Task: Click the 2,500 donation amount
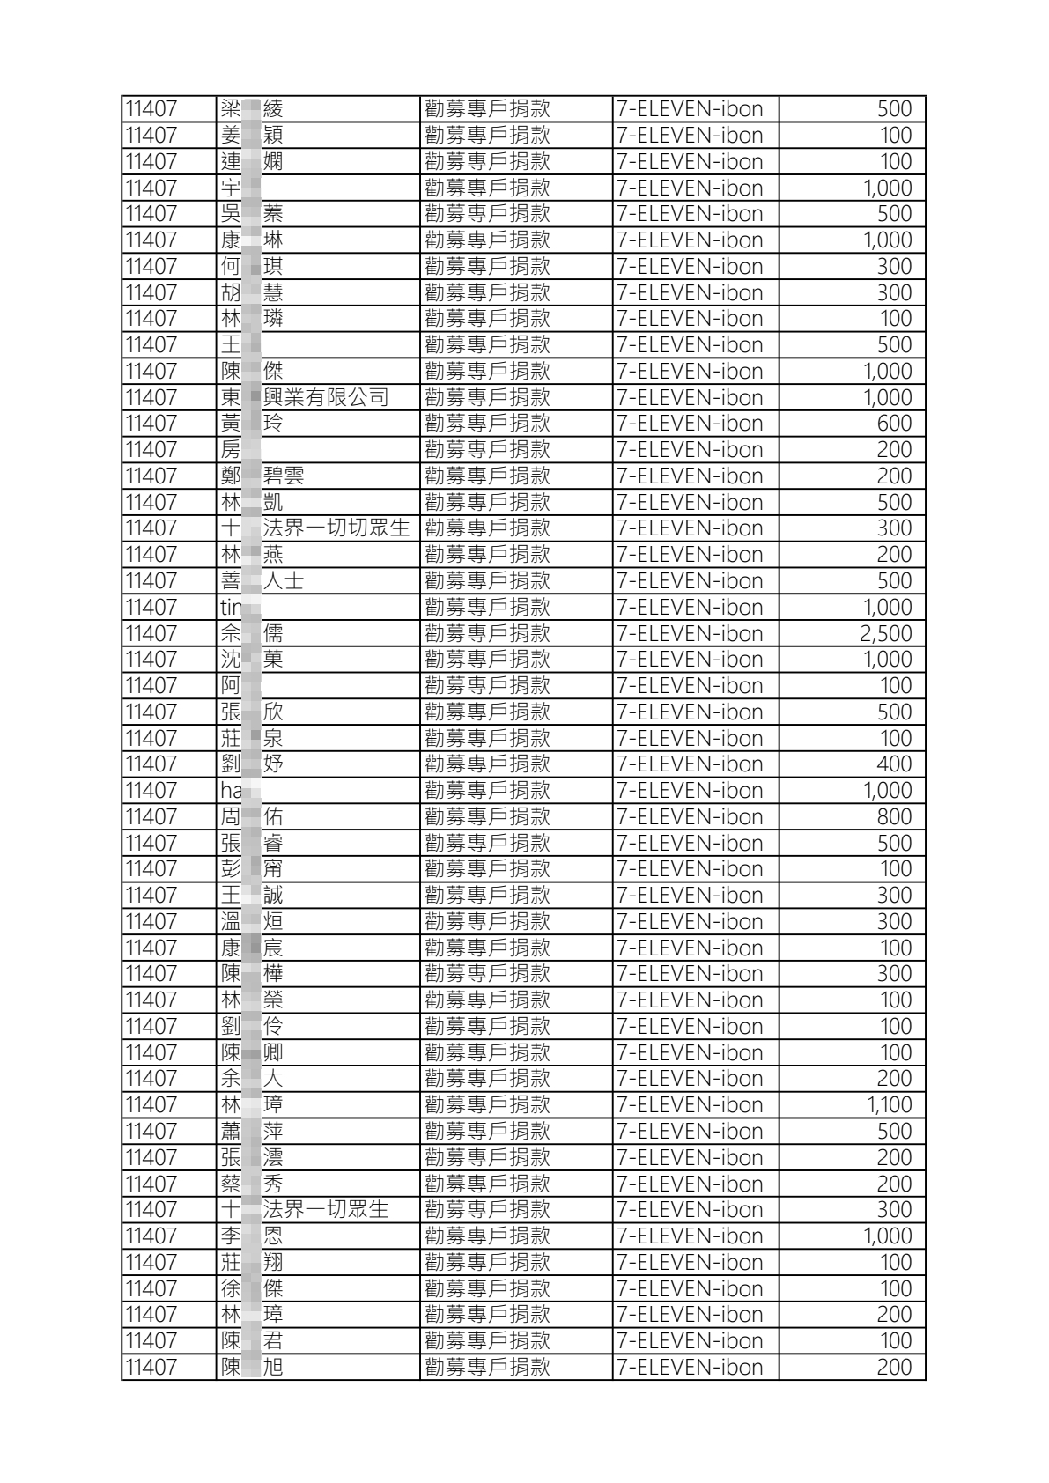tap(885, 634)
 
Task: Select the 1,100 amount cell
tap(889, 1105)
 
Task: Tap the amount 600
tap(894, 424)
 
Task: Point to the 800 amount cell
tap(894, 817)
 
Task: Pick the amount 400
tap(894, 764)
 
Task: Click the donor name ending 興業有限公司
tap(305, 398)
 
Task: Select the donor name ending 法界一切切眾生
tap(315, 528)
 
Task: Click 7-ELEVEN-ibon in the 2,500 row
tap(690, 634)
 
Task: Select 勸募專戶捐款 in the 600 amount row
tap(487, 424)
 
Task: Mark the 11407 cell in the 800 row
tap(151, 817)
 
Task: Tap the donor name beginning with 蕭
tap(252, 1132)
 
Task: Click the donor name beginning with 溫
tap(252, 922)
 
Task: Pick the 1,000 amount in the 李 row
tap(887, 1236)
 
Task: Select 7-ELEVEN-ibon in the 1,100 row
tap(690, 1105)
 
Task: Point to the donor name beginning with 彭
tap(252, 869)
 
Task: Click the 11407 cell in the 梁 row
tap(151, 109)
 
